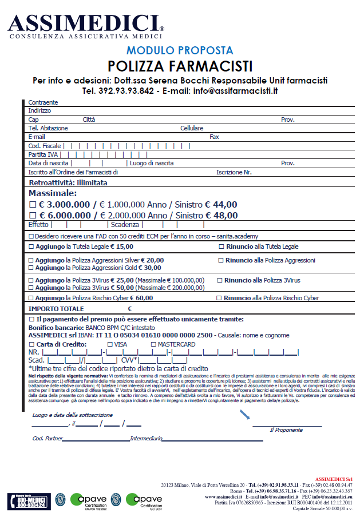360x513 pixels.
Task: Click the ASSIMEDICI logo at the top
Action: (x=86, y=24)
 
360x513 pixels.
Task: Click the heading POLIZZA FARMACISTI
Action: (x=180, y=66)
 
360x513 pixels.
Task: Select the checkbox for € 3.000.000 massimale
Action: (x=32, y=204)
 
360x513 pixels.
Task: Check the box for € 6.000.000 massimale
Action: (x=32, y=215)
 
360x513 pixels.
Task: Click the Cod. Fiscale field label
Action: (x=45, y=146)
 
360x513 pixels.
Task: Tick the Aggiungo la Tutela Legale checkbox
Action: (x=31, y=246)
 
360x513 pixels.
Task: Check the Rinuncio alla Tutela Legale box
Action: (x=221, y=246)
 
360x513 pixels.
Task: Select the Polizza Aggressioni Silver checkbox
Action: (x=31, y=260)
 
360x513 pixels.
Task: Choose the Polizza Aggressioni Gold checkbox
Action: (x=31, y=267)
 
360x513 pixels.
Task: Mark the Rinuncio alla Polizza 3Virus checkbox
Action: (x=219, y=280)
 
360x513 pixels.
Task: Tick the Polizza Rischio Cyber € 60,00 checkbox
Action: (x=31, y=298)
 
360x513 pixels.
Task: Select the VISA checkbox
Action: (x=110, y=344)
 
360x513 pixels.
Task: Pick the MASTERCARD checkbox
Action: (x=153, y=344)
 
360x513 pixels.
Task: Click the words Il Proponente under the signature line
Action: (x=286, y=430)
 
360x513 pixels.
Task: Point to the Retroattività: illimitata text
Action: (x=68, y=183)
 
